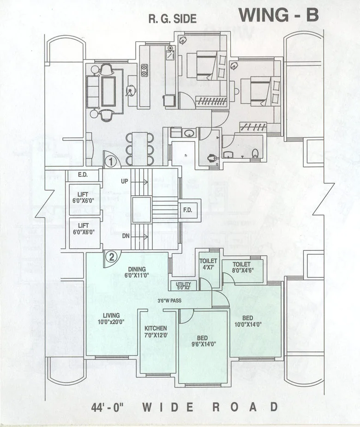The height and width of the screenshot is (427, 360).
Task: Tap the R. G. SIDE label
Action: [172, 19]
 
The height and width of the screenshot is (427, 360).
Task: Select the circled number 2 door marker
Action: [110, 258]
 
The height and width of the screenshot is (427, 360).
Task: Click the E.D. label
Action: [83, 175]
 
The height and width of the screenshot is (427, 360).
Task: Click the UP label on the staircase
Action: [124, 181]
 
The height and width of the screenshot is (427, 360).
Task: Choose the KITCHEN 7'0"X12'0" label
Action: [155, 332]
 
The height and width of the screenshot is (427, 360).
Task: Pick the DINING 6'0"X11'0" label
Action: [137, 272]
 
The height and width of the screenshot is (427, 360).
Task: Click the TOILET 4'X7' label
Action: [208, 264]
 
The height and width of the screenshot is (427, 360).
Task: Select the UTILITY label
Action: [184, 285]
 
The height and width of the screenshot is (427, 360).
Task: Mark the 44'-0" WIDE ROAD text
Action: [185, 408]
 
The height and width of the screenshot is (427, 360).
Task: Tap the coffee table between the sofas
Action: [109, 91]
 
